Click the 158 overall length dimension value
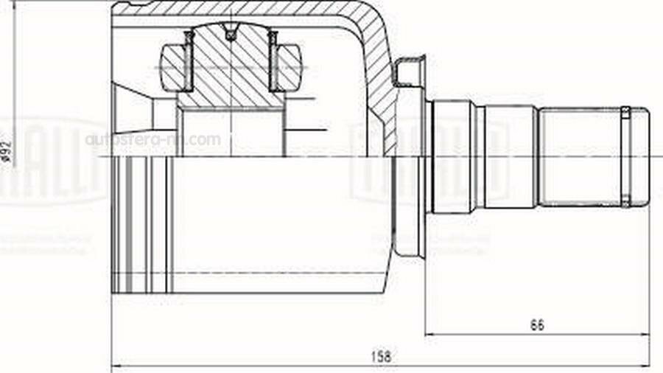coord(381,356)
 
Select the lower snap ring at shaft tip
coord(625,200)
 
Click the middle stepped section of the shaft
coord(507,156)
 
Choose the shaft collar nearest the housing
coord(451,156)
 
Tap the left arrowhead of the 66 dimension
coord(429,335)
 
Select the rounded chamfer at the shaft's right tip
coord(644,156)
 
